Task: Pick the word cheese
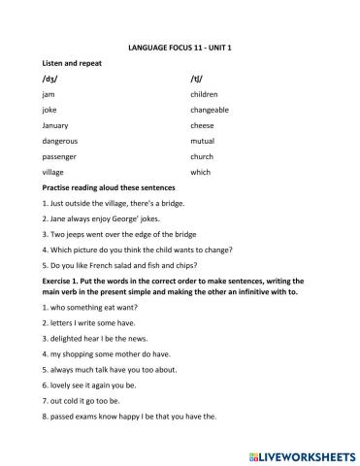[x=203, y=125]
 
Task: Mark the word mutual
[x=204, y=141]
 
